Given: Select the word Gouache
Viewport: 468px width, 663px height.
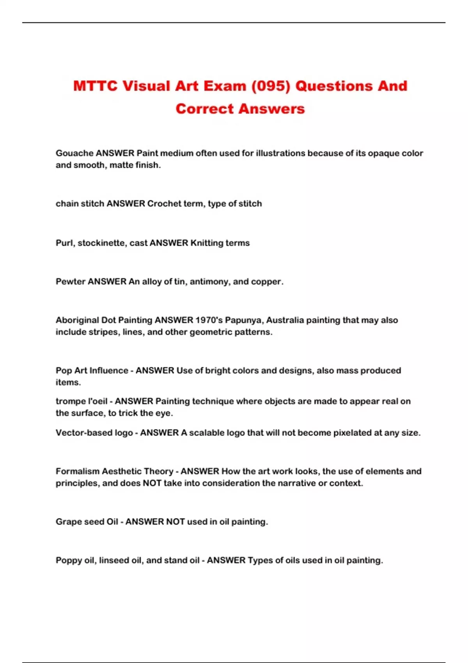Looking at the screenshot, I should [x=74, y=153].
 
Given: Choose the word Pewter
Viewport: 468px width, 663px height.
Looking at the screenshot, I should [x=71, y=282].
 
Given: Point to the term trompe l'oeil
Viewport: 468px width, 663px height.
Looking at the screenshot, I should [x=81, y=401].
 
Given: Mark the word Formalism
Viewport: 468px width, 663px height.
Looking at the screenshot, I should [x=77, y=471].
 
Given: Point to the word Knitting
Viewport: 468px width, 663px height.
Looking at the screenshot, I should [x=207, y=243].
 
